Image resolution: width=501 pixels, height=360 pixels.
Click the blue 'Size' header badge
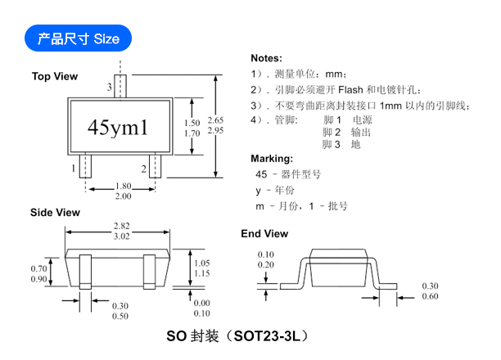click(x=78, y=38)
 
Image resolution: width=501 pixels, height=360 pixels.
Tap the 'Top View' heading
click(x=55, y=76)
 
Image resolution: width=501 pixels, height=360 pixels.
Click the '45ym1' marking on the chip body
click(x=118, y=127)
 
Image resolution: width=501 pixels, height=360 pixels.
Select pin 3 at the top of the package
click(x=120, y=86)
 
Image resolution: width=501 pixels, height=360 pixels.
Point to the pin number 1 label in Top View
click(x=74, y=168)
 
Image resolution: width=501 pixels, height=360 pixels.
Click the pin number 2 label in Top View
click(x=144, y=169)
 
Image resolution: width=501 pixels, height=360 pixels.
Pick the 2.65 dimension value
click(x=215, y=120)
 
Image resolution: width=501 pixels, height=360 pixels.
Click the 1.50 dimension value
click(x=192, y=123)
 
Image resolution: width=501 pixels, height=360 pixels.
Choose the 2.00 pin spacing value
click(x=124, y=196)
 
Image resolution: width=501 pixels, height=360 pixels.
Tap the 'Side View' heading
click(x=55, y=213)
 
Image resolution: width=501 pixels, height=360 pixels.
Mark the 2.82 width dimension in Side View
click(x=122, y=226)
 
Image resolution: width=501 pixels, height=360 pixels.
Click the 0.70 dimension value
click(x=38, y=268)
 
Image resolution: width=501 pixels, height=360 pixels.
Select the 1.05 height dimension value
click(x=202, y=263)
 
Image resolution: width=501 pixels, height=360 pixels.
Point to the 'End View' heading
click(x=264, y=233)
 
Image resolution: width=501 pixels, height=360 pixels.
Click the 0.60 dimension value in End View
click(x=430, y=296)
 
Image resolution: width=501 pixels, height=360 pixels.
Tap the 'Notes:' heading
click(x=267, y=58)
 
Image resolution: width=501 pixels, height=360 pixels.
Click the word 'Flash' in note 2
click(x=350, y=90)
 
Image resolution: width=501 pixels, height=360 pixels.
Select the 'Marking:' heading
click(x=272, y=159)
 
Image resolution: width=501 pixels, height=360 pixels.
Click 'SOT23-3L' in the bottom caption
click(x=267, y=336)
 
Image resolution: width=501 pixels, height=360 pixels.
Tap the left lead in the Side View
click(x=85, y=272)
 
